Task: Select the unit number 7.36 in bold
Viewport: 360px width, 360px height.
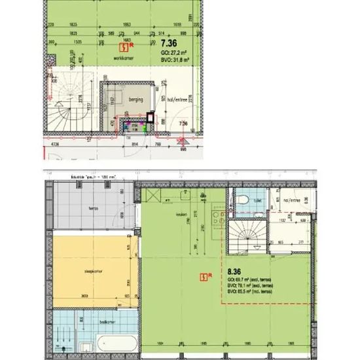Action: pyautogui.click(x=170, y=44)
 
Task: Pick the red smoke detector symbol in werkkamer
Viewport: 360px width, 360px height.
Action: pyautogui.click(x=123, y=46)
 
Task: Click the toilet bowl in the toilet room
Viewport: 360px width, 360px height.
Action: pyautogui.click(x=242, y=200)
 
